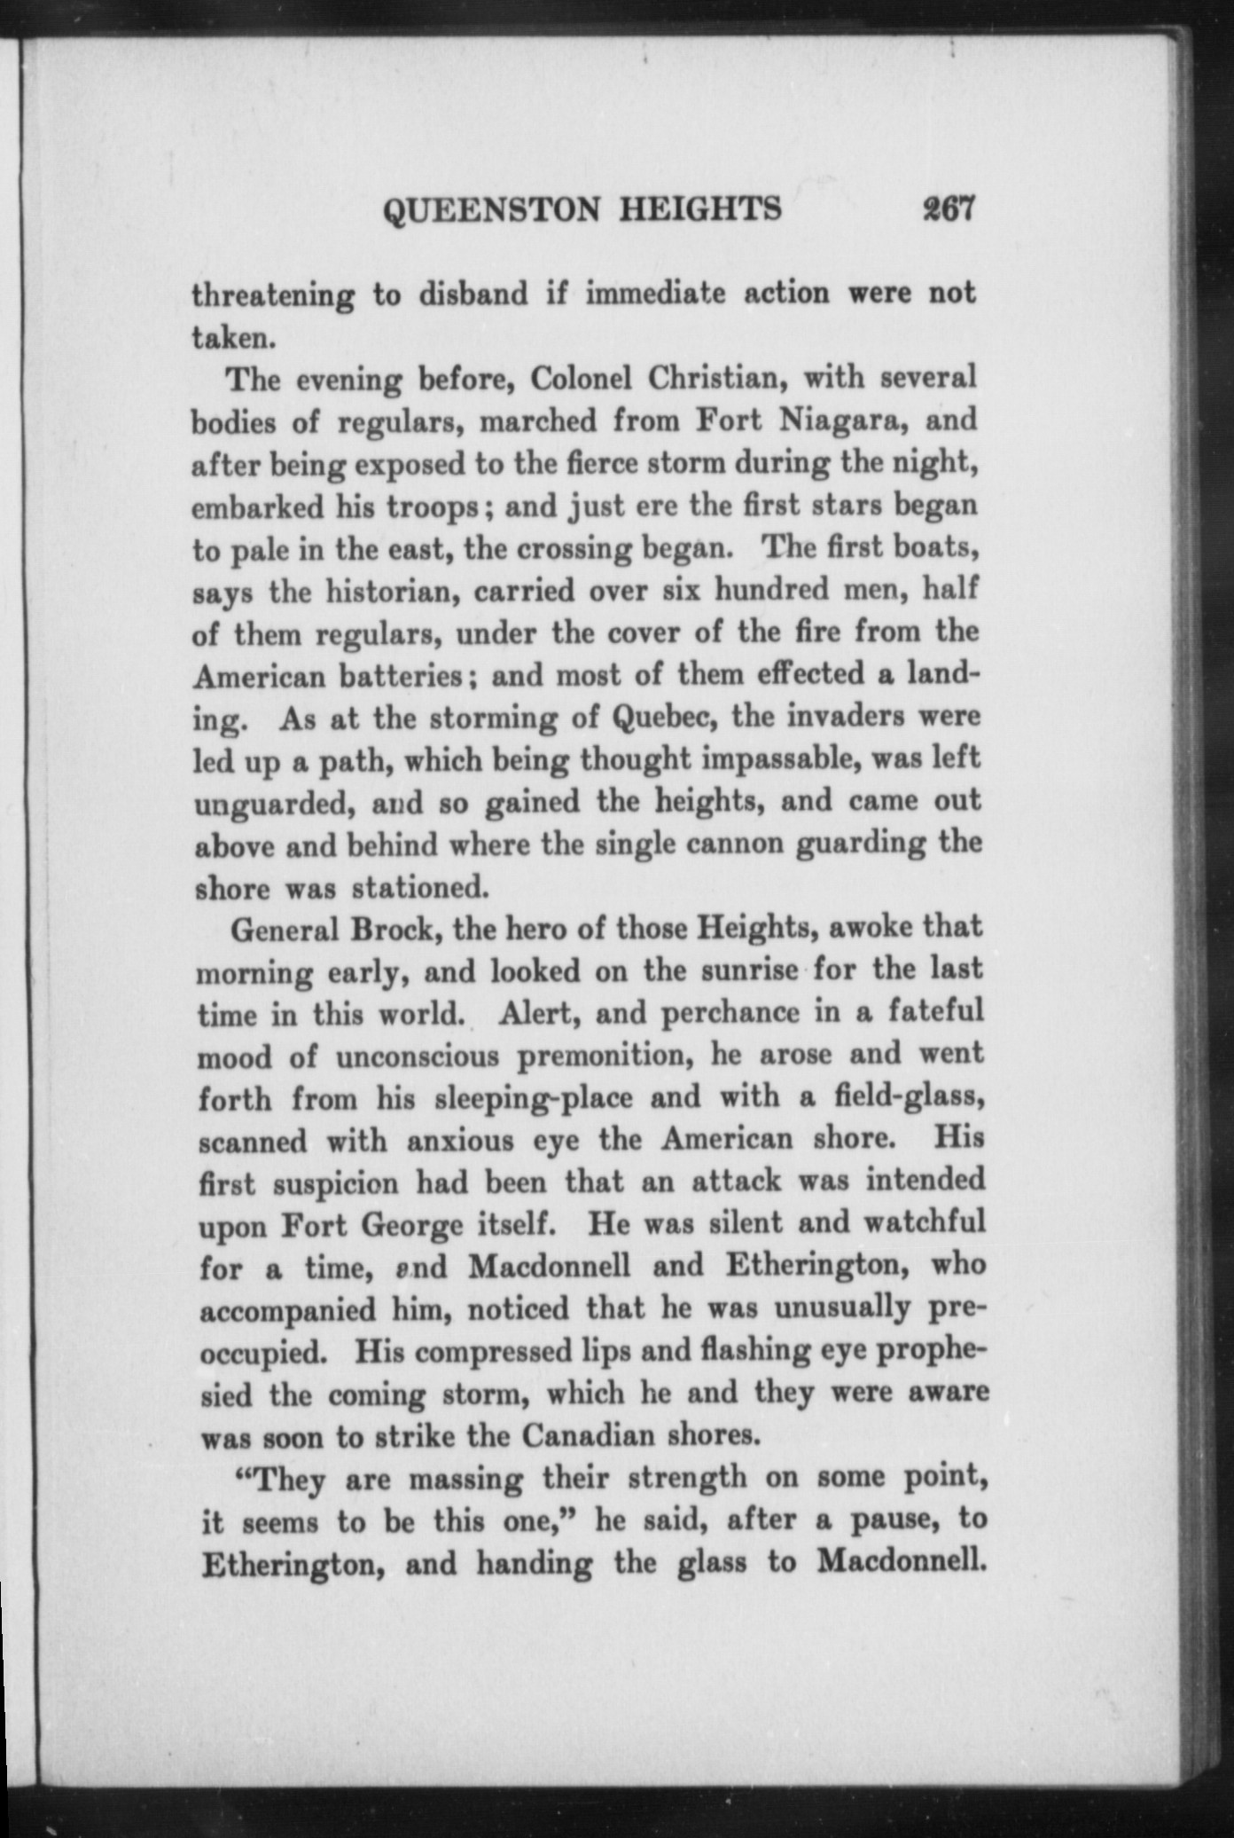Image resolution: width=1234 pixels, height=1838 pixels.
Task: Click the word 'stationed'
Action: pyautogui.click(x=419, y=886)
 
